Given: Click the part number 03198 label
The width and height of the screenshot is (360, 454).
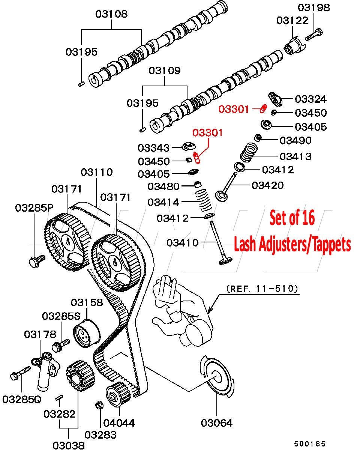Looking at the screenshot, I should coord(314,7).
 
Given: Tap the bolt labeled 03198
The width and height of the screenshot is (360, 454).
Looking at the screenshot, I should coord(313,35).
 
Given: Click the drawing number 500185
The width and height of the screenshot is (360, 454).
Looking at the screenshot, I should coord(310,444).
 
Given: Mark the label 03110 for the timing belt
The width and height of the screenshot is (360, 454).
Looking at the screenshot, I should coord(97,172).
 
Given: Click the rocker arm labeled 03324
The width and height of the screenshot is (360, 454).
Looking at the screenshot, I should coord(277,99).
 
